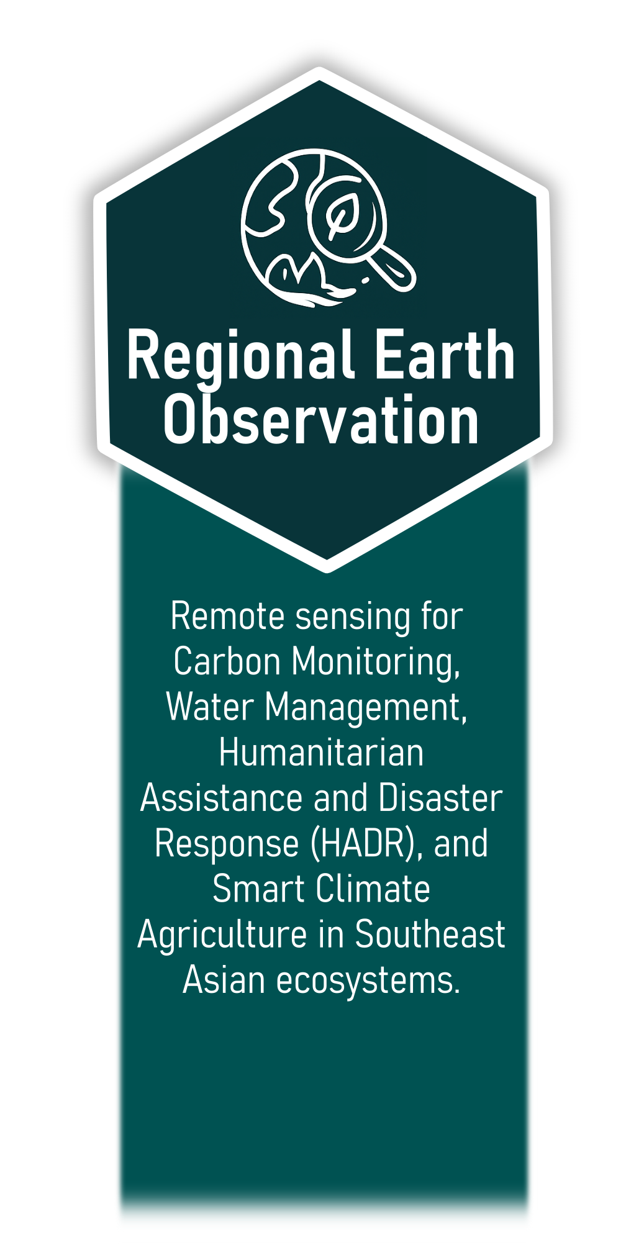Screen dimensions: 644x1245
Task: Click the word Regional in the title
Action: (x=241, y=357)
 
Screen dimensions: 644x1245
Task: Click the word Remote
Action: (x=228, y=617)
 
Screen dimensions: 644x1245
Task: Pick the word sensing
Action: (x=353, y=619)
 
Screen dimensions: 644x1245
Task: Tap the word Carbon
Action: (x=227, y=661)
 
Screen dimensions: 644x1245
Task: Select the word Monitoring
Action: (x=376, y=663)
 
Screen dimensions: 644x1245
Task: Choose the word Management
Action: (x=366, y=709)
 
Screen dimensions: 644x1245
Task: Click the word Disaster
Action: (x=440, y=797)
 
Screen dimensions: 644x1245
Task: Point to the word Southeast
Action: (x=430, y=934)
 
